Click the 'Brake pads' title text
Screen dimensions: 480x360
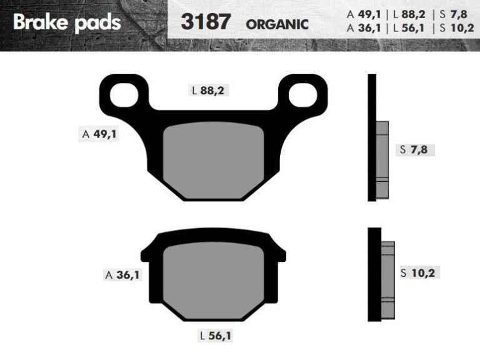point(67,23)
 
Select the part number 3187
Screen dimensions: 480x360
point(206,22)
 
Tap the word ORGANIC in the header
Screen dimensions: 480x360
point(277,25)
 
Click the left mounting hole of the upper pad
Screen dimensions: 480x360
point(124,95)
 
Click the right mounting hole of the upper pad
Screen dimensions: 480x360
point(302,95)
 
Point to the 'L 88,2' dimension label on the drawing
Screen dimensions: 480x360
point(208,91)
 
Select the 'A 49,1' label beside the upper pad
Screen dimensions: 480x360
point(99,134)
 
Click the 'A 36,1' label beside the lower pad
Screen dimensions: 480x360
point(122,275)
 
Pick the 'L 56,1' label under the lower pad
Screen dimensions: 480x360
point(216,336)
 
